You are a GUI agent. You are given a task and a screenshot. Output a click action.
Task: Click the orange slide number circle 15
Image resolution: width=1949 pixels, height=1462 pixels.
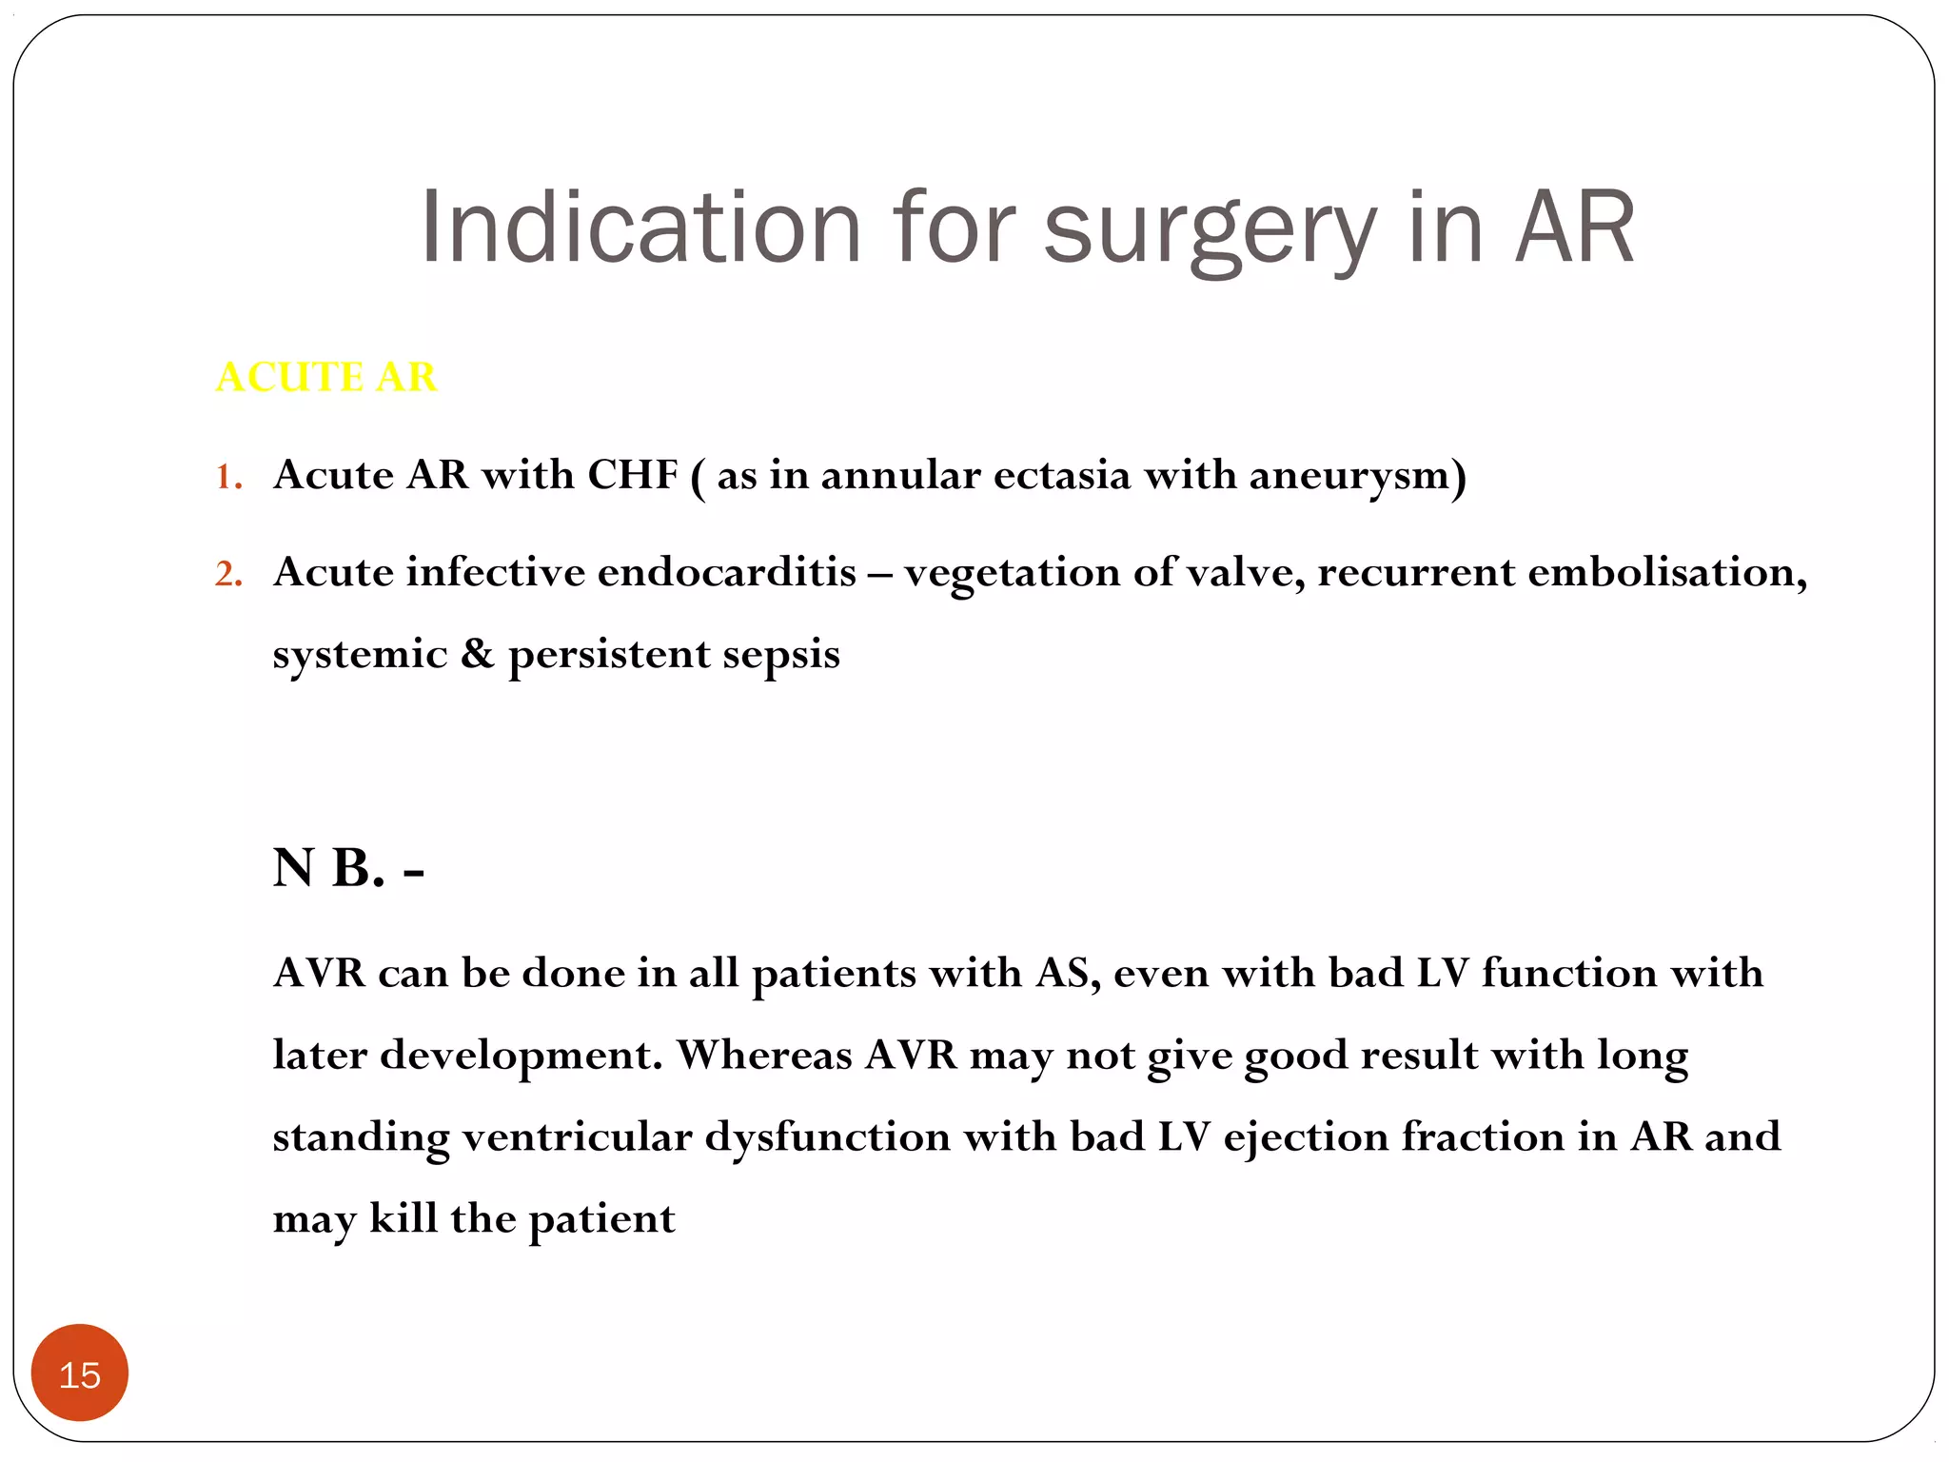80,1373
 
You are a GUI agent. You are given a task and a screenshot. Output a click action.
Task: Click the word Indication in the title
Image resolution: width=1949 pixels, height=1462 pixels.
640,227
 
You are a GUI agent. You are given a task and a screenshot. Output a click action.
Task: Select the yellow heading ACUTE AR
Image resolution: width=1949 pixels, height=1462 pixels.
326,377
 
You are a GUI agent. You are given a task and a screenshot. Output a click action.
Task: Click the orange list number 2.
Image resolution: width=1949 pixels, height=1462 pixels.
227,574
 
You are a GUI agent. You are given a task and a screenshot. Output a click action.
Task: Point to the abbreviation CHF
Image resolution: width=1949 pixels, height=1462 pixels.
632,474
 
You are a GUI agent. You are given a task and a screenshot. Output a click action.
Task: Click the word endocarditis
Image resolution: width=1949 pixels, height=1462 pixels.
727,572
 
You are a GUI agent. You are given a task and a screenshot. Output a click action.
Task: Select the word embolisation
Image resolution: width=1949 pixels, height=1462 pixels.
1666,572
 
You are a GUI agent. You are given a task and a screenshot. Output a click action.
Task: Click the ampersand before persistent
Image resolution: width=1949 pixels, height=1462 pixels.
478,654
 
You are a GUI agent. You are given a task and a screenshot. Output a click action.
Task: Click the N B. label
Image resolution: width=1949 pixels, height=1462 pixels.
347,868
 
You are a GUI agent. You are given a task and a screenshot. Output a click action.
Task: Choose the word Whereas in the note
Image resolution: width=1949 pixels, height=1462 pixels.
764,1055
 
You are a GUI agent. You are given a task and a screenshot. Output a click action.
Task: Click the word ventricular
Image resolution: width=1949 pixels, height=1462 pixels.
577,1136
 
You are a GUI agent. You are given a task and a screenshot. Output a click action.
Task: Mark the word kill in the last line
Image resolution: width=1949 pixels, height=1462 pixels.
403,1217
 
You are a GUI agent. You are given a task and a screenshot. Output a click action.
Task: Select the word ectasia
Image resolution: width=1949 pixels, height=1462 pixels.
1061,474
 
